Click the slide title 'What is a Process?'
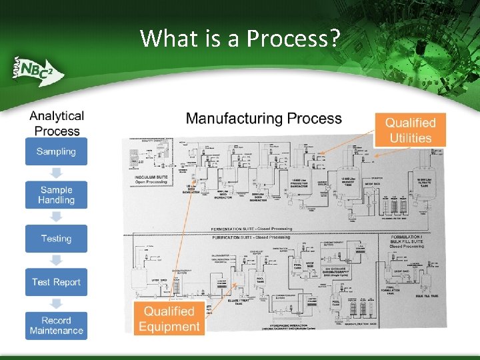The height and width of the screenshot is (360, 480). (x=239, y=39)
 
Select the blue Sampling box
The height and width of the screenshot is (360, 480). (x=56, y=151)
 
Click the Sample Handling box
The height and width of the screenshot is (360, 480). (x=56, y=195)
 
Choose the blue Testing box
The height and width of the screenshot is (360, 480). (x=56, y=239)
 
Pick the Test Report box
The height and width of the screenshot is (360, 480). (x=56, y=282)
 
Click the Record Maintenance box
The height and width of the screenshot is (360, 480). (x=56, y=325)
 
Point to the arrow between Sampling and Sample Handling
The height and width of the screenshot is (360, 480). (x=56, y=173)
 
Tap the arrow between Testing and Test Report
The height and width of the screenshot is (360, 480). (x=56, y=260)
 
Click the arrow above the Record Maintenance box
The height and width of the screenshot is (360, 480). (x=56, y=303)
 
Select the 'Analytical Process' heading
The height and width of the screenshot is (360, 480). (x=57, y=123)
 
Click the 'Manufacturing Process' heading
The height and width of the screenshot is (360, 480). (x=263, y=119)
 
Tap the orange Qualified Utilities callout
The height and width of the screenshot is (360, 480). (x=410, y=130)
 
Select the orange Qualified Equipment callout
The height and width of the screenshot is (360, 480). (x=169, y=319)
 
